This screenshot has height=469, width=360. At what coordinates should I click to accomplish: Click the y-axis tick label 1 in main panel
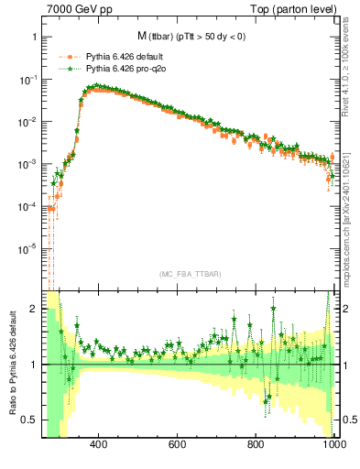pyautogui.click(x=34, y=38)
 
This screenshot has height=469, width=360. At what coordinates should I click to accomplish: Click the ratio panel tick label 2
pyautogui.click(x=34, y=310)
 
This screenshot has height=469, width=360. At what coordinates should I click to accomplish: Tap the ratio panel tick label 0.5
pyautogui.click(x=30, y=420)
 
